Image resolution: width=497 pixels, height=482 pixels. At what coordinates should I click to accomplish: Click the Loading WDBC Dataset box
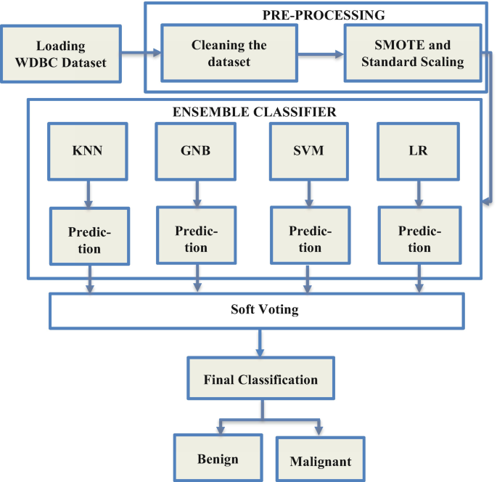point(62,54)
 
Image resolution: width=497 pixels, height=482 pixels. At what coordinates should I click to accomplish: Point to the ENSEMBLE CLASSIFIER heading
point(254,112)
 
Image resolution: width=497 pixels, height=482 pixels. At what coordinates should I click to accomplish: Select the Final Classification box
point(260,379)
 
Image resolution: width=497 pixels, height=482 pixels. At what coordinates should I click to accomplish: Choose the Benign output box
point(218,459)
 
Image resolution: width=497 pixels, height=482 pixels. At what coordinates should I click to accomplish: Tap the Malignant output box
point(319,460)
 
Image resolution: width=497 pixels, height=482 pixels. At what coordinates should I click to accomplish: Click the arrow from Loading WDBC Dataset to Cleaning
point(141,52)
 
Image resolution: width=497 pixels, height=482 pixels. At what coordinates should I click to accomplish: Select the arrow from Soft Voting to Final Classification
point(258,342)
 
